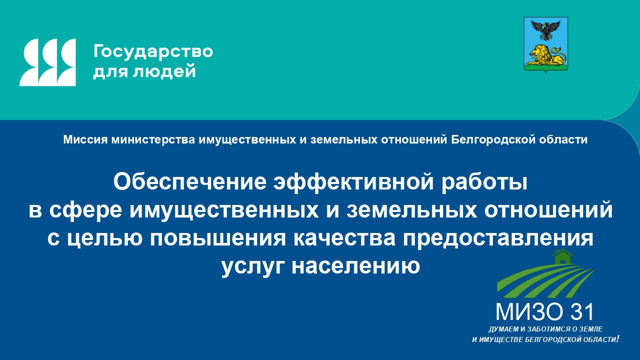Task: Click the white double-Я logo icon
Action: pos(47,62)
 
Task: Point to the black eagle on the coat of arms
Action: pos(545,30)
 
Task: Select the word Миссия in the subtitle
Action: pos(85,139)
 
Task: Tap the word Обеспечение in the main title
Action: pos(189,182)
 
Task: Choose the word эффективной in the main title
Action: pos(353,182)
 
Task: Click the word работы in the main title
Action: pos(484,182)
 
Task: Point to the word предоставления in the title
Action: pos(498,238)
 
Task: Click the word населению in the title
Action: pos(355,266)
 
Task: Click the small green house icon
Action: pos(562,256)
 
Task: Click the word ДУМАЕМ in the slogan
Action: pos(503,329)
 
